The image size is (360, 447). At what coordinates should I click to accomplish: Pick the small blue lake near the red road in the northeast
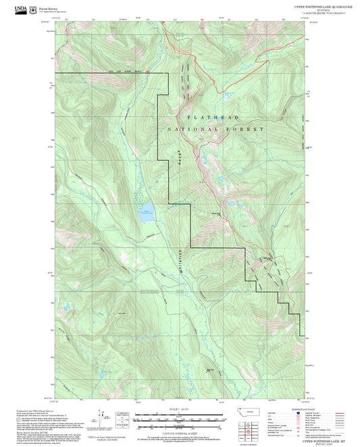(227, 95)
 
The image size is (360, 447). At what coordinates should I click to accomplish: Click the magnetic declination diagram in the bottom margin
(123, 419)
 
